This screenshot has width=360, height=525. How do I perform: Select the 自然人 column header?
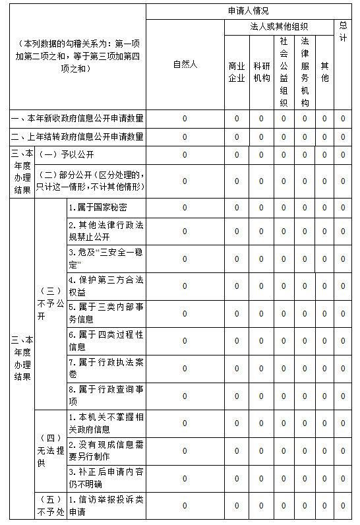click(x=185, y=65)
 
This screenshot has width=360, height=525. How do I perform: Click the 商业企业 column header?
click(x=237, y=72)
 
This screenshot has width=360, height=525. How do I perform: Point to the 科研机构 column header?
click(x=261, y=72)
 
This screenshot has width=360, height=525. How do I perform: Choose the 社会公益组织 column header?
click(x=284, y=72)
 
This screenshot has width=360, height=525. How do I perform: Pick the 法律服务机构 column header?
click(x=305, y=72)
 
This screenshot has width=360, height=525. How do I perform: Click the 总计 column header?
click(x=344, y=30)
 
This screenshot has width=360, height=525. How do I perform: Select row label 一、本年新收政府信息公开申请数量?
click(x=77, y=119)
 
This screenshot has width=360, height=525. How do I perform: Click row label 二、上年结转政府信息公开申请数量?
click(x=77, y=137)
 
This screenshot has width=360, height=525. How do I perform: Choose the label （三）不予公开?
click(x=51, y=303)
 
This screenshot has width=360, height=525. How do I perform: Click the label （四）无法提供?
click(x=51, y=450)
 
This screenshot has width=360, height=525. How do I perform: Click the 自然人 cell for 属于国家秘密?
click(x=185, y=208)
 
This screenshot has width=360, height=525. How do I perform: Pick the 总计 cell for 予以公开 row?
click(x=343, y=155)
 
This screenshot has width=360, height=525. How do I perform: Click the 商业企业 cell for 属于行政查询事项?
click(x=237, y=396)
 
